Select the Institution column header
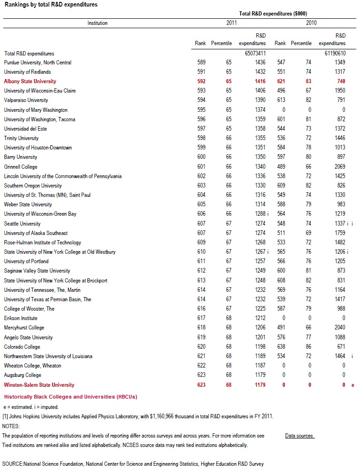tap(98, 23)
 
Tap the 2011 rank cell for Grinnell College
tap(201, 167)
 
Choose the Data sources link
tap(299, 436)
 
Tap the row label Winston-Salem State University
tap(39, 385)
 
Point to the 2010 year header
tap(311, 23)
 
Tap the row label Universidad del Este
tap(25, 129)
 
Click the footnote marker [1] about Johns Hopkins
tap(5, 416)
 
